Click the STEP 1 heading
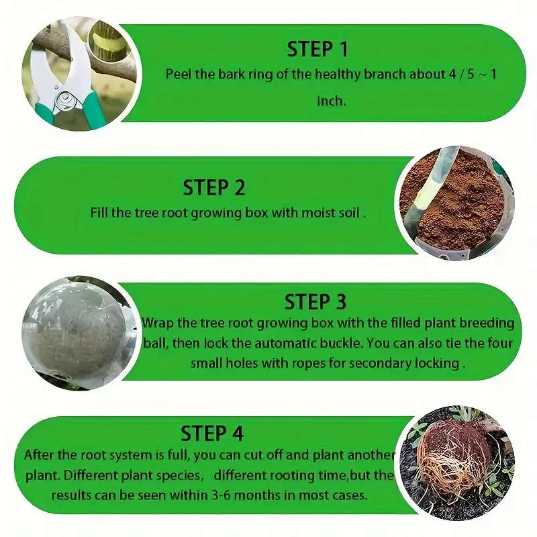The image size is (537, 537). pyautogui.click(x=318, y=49)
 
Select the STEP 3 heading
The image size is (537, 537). pyautogui.click(x=315, y=301)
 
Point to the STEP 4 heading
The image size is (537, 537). pyautogui.click(x=212, y=433)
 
